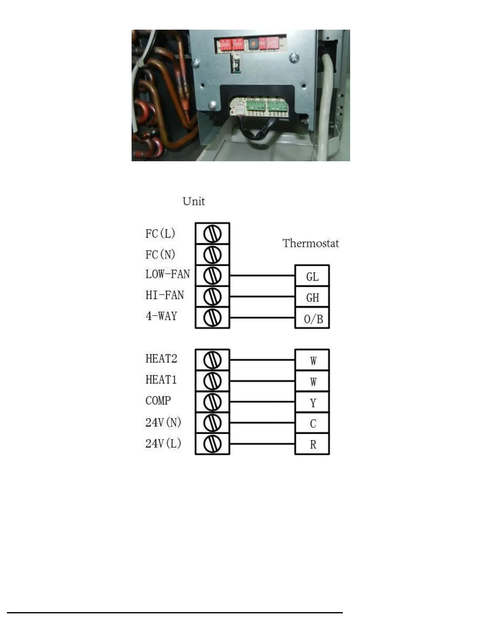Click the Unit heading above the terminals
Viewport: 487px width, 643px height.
pos(194,201)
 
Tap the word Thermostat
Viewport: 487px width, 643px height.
pos(311,243)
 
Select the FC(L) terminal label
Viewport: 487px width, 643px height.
pos(160,234)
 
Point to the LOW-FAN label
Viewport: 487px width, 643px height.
pos(167,274)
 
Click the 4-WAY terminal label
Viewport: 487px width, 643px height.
pos(161,316)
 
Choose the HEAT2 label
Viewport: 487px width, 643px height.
pos(161,359)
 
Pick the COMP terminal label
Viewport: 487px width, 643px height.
pos(158,401)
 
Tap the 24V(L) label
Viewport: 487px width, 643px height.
pos(163,443)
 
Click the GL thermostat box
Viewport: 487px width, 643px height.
pos(312,276)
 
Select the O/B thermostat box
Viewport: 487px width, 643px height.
pos(312,318)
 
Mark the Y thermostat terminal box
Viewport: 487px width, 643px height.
pos(312,402)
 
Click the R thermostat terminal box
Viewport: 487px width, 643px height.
pos(312,444)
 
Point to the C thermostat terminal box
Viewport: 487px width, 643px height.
pos(312,423)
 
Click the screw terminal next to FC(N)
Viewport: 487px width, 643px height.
pos(212,255)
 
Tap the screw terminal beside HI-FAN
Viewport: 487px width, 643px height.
pos(212,297)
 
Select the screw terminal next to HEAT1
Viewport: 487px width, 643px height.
pos(212,381)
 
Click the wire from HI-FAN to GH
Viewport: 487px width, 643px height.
pos(262,297)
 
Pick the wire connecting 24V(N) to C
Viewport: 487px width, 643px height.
pos(262,423)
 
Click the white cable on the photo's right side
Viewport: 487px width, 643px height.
pos(327,102)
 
